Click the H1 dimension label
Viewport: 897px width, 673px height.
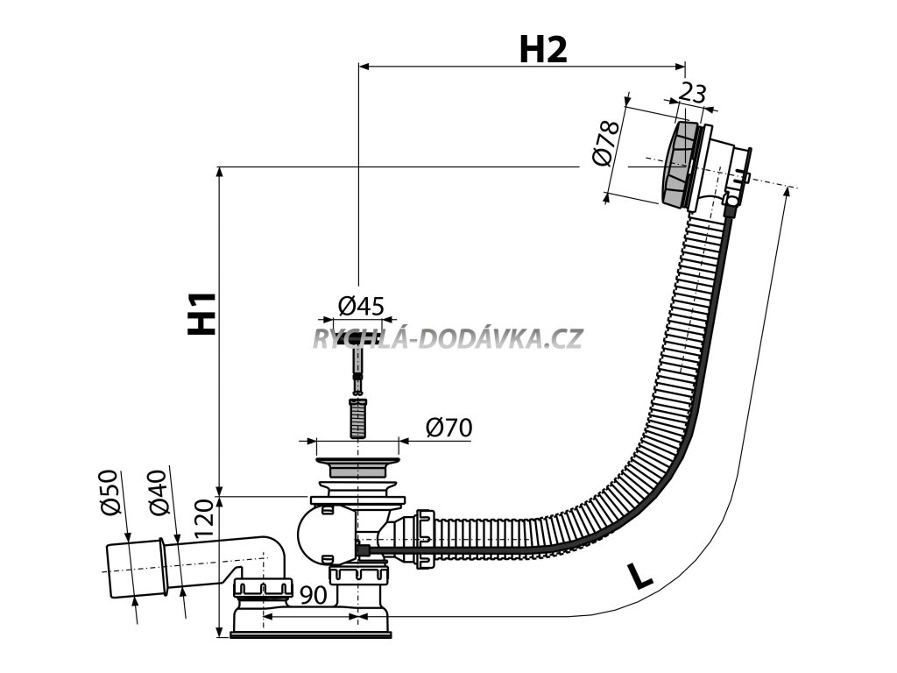pyautogui.click(x=202, y=313)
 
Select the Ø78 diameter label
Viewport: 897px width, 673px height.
pyautogui.click(x=606, y=143)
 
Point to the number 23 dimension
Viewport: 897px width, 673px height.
pyautogui.click(x=693, y=93)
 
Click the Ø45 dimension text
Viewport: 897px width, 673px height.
pyautogui.click(x=361, y=306)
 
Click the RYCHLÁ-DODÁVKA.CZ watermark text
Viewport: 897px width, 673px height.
pyautogui.click(x=447, y=338)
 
